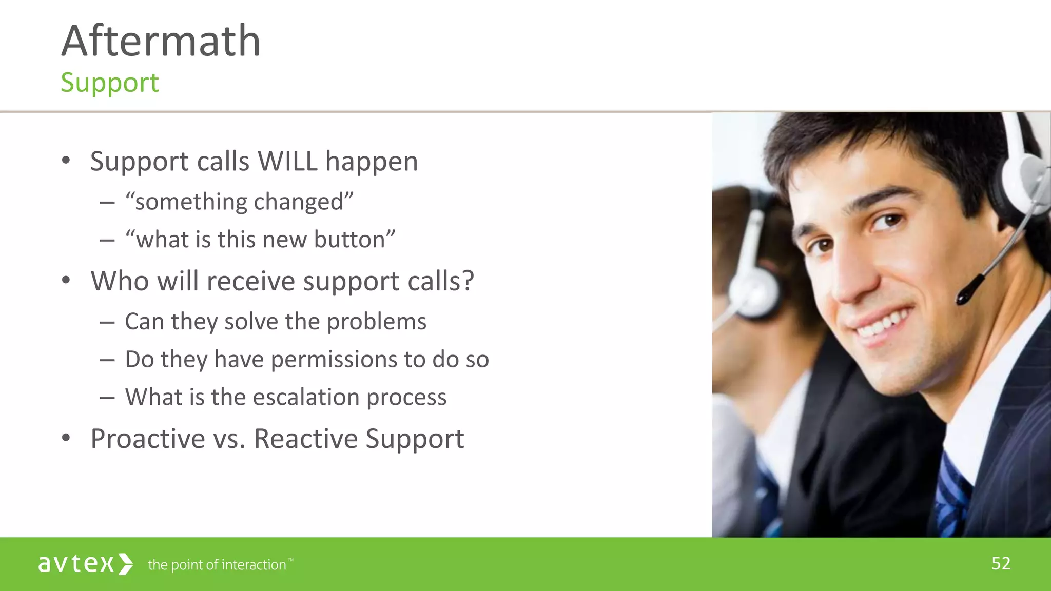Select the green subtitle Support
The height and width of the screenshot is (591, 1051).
tap(110, 83)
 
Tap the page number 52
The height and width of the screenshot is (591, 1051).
tap(1001, 564)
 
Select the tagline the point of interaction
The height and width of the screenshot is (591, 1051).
tap(217, 565)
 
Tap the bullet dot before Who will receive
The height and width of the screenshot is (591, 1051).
tap(66, 281)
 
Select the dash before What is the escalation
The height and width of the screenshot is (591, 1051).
tap(107, 398)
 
